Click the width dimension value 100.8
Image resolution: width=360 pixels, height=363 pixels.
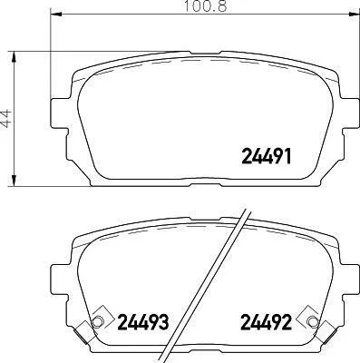[205, 6]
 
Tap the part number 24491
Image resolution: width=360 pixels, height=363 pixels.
[267, 156]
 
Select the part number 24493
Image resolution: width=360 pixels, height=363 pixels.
[142, 322]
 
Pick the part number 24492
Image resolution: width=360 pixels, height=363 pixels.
[266, 322]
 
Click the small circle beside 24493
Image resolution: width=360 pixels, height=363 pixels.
[97, 321]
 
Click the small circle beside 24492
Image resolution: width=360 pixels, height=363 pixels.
[312, 321]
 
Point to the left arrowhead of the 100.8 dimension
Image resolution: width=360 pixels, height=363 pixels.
[56, 14]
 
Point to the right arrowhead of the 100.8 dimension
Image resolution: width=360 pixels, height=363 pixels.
[353, 14]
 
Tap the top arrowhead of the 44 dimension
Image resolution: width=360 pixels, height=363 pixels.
[14, 57]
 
